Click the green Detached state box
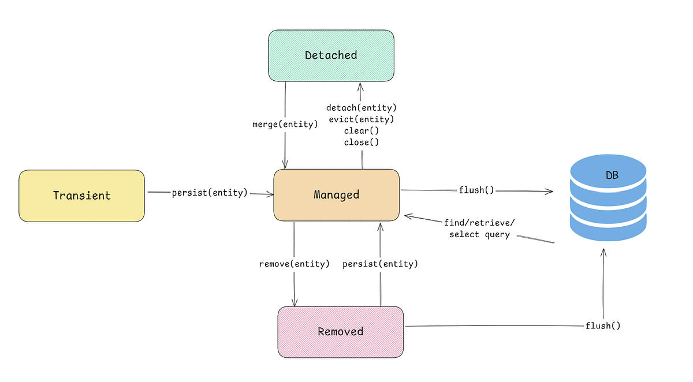(x=331, y=55)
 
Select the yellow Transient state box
(x=81, y=196)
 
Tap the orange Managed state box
(x=336, y=194)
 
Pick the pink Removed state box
(x=340, y=331)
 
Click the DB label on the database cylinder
(x=612, y=175)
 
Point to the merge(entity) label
(x=285, y=124)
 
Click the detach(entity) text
(x=362, y=108)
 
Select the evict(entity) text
(x=362, y=119)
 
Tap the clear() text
(x=362, y=131)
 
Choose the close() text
(x=362, y=142)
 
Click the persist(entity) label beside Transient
(x=210, y=193)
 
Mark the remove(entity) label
(x=295, y=264)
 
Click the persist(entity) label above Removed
(x=380, y=264)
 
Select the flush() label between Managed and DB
(x=476, y=190)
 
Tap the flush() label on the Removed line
(x=603, y=325)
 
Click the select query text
(x=479, y=234)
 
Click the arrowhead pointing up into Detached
(x=360, y=87)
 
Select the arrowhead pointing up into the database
(x=603, y=253)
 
